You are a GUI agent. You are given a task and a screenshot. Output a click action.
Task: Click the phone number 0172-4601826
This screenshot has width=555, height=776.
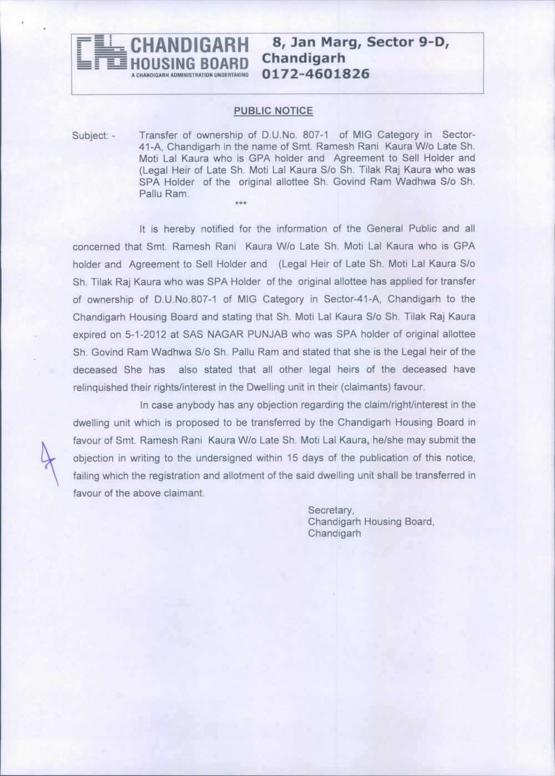(315, 74)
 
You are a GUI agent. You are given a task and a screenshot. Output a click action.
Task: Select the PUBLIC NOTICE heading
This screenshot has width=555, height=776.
(273, 111)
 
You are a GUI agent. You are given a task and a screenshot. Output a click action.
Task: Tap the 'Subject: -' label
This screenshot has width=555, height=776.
(93, 136)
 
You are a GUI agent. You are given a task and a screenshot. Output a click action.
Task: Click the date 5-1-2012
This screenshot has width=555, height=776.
(149, 334)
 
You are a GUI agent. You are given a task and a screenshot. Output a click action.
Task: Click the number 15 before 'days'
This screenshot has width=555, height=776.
(292, 458)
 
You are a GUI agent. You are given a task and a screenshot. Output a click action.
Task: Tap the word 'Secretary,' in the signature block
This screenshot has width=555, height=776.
(331, 510)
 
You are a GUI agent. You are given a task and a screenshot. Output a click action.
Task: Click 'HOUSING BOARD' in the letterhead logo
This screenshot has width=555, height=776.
(189, 62)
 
